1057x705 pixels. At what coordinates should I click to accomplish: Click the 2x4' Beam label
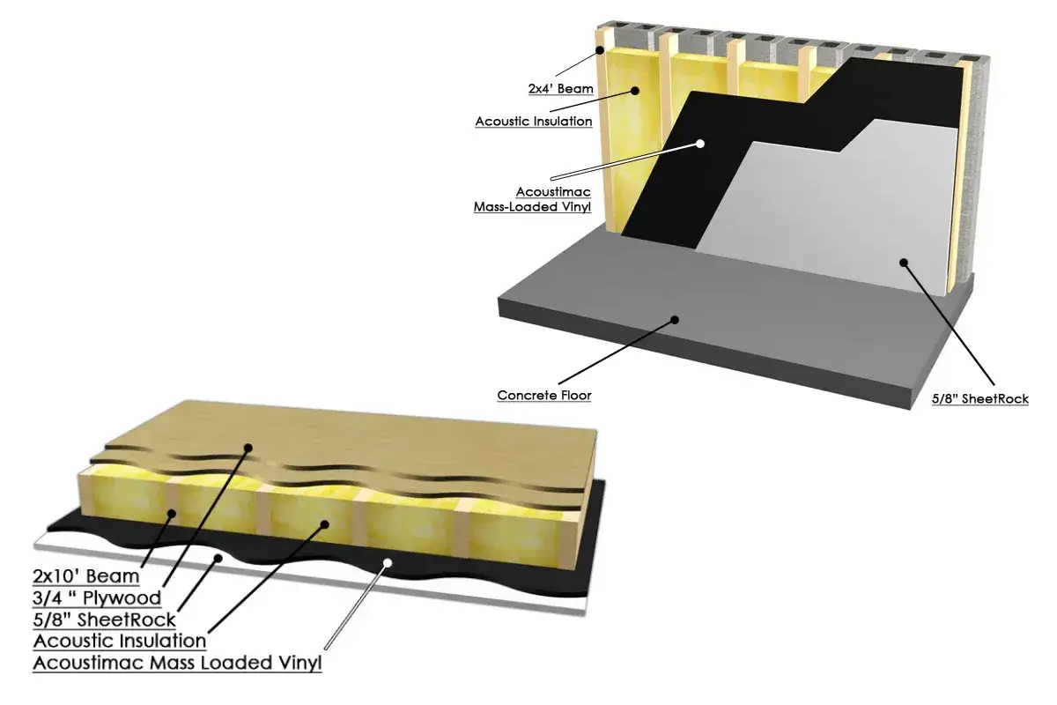(x=560, y=89)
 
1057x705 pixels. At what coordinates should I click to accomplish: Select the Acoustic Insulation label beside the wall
(x=534, y=122)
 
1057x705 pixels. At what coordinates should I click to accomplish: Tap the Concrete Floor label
(x=544, y=395)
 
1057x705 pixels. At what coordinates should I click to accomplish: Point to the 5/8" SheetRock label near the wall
(x=980, y=399)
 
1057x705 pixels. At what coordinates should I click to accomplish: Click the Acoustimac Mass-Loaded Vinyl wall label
(x=532, y=199)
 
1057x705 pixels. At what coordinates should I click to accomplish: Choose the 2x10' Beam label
(x=86, y=576)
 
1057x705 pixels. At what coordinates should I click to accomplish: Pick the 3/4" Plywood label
(x=97, y=597)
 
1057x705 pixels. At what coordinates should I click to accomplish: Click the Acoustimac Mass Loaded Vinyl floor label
(x=177, y=663)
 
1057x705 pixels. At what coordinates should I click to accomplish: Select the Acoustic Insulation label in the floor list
(x=120, y=641)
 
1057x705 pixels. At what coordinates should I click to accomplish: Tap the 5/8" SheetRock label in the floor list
(x=104, y=620)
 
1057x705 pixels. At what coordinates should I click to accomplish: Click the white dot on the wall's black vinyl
(x=700, y=144)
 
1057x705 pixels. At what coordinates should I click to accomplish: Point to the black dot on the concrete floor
(x=675, y=320)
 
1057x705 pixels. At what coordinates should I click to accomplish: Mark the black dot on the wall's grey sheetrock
(x=904, y=263)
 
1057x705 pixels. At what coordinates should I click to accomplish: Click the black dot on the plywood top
(x=248, y=448)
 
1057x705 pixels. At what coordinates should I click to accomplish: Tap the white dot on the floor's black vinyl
(x=388, y=563)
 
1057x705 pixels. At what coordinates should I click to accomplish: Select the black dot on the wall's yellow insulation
(x=635, y=91)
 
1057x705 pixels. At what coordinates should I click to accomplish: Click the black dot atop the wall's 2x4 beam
(x=600, y=50)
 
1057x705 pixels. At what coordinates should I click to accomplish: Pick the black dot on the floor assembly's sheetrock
(x=218, y=559)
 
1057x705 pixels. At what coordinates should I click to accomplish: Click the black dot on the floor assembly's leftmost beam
(x=173, y=514)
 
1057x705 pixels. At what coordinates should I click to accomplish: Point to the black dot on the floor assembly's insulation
(x=324, y=524)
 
